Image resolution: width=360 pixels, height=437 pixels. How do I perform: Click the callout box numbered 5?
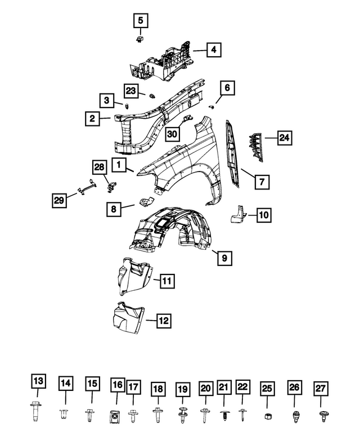pos(141,21)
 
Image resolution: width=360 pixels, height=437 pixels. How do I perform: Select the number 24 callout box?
pos(285,138)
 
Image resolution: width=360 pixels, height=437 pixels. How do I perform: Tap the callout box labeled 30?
pos(172,134)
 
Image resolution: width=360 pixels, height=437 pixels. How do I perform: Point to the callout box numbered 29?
pos(59,200)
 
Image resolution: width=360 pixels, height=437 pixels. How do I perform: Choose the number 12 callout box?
pos(164,321)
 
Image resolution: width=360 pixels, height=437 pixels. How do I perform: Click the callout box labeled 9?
pos(224,258)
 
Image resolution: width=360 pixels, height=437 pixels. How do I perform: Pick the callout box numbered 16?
pos(118,385)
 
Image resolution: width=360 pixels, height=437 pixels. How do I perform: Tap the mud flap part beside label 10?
pos(238,214)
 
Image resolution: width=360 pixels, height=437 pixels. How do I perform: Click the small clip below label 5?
pos(140,39)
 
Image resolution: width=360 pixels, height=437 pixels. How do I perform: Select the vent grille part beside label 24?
pos(255,147)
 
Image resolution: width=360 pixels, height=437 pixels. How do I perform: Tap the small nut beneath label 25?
pos(268,416)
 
